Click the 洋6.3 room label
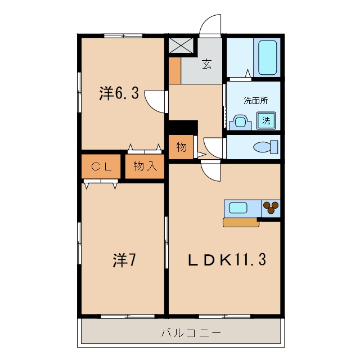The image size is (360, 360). pyautogui.click(x=119, y=93)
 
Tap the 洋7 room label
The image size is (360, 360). pyautogui.click(x=124, y=260)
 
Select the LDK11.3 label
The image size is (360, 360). pyautogui.click(x=227, y=259)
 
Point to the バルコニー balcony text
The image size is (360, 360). pyautogui.click(x=191, y=332)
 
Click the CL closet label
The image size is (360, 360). pyautogui.click(x=101, y=166)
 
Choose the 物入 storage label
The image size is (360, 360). pyautogui.click(x=145, y=166)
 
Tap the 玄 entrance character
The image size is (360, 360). pyautogui.click(x=206, y=64)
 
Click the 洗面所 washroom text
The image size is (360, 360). pyautogui.click(x=255, y=100)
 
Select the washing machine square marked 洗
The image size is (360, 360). pyautogui.click(x=266, y=120)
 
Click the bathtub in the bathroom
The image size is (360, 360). pyautogui.click(x=267, y=57)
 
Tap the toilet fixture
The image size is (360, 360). pyautogui.click(x=265, y=147)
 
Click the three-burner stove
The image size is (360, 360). pyautogui.click(x=271, y=208)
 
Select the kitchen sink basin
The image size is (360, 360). pyautogui.click(x=238, y=208)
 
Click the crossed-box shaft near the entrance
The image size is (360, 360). pyautogui.click(x=181, y=45)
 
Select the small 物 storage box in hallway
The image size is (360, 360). pyautogui.click(x=181, y=147)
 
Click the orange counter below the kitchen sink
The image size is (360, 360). pyautogui.click(x=241, y=223)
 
